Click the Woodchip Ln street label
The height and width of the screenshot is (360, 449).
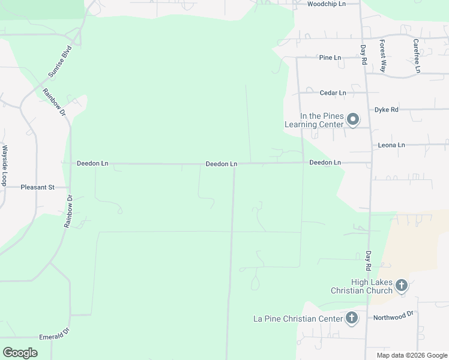[x=327, y=4]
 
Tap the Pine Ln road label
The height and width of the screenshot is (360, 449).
[x=330, y=58]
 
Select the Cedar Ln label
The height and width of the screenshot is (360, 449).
[x=333, y=93]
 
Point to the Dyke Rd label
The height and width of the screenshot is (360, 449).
[x=386, y=110]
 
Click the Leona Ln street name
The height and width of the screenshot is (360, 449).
[x=391, y=145]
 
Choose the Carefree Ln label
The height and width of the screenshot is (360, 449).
[x=416, y=56]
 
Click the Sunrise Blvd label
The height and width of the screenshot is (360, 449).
[x=60, y=61]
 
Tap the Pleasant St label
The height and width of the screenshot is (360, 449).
[x=37, y=187]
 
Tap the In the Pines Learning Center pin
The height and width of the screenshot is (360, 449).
[x=354, y=119]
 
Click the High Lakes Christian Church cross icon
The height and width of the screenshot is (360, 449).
[x=402, y=285]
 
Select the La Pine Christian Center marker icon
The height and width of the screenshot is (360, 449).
[x=352, y=317]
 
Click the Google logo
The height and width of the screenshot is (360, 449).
[x=20, y=353]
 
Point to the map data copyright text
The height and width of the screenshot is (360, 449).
[x=412, y=355]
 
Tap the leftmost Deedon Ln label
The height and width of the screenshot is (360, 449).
[x=92, y=163]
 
